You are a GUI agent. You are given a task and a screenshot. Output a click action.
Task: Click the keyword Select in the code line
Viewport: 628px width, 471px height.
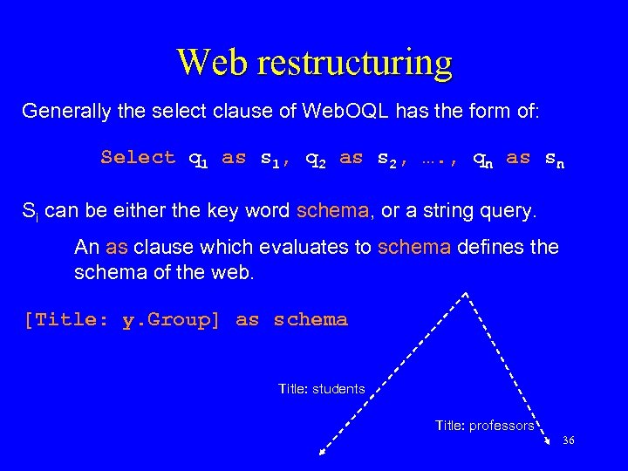click(138, 157)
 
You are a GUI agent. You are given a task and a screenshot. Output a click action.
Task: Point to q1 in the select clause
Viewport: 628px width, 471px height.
click(198, 159)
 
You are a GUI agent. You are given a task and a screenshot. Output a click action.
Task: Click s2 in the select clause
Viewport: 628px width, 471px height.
click(386, 159)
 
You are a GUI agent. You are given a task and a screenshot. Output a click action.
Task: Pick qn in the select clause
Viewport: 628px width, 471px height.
click(481, 159)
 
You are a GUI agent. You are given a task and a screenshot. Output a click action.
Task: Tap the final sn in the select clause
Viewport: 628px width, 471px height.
click(554, 159)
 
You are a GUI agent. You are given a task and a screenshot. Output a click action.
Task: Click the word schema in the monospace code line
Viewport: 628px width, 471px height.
click(311, 320)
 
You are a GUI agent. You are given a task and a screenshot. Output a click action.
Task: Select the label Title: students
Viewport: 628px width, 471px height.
click(321, 389)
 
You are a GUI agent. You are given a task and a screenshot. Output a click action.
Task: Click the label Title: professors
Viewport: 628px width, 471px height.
click(484, 426)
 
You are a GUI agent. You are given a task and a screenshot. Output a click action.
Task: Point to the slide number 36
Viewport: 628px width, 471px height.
click(569, 440)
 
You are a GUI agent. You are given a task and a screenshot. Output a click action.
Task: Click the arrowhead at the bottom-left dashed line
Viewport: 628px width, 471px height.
click(323, 451)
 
